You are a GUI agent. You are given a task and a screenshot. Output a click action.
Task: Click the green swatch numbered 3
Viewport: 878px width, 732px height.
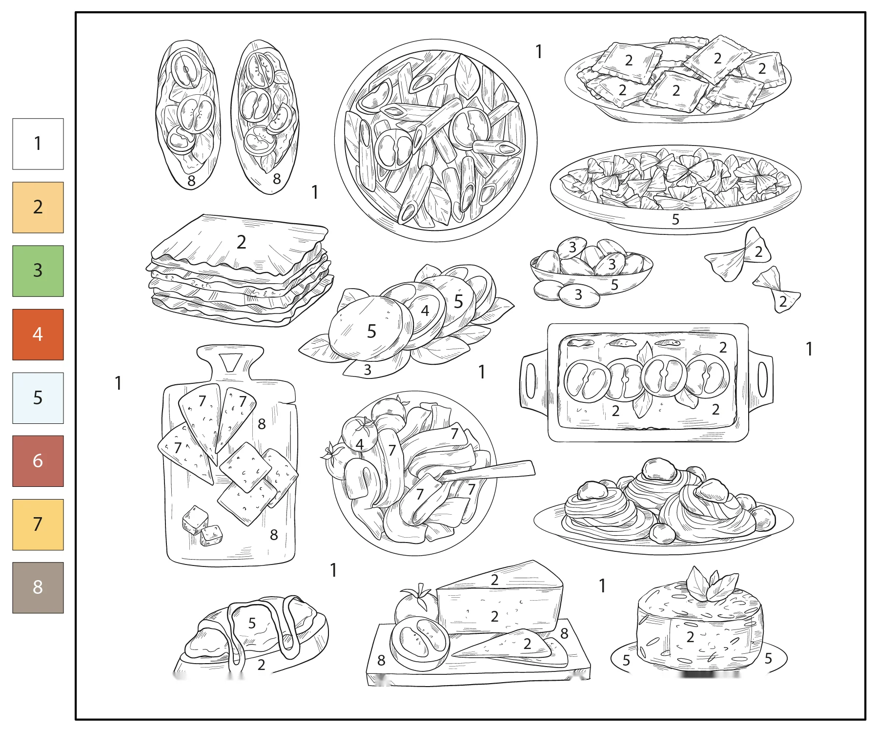(x=38, y=271)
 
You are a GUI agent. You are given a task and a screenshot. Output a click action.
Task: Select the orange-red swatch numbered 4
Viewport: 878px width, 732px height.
(x=38, y=335)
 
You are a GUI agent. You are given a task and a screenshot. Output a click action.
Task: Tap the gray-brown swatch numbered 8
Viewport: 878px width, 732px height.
(x=38, y=587)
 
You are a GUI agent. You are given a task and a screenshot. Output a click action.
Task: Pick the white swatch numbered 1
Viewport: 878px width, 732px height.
(x=38, y=144)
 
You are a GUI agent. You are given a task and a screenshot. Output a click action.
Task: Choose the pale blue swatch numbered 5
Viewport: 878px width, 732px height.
(x=38, y=398)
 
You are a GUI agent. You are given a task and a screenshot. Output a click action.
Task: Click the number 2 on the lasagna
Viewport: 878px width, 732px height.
(x=241, y=242)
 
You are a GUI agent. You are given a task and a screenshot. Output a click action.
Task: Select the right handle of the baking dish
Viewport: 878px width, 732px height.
(x=761, y=380)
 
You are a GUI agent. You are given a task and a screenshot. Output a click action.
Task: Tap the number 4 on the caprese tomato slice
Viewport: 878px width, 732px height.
(x=425, y=311)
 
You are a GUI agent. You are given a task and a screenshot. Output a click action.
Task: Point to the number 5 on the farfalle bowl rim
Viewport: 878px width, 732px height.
(x=675, y=219)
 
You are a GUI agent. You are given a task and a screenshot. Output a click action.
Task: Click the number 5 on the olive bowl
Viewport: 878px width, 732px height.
(x=614, y=285)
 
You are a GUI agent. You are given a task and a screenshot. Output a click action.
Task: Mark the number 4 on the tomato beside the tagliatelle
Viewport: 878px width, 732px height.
(x=360, y=444)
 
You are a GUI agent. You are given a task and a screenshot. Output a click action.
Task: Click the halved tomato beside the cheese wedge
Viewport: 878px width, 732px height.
(x=419, y=643)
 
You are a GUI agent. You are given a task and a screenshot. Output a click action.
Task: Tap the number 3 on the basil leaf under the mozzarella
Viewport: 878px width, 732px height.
(x=368, y=370)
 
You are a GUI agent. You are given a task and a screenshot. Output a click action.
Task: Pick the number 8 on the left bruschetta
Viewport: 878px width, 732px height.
(x=191, y=181)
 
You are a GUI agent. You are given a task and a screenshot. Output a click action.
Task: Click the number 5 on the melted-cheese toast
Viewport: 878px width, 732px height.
(x=252, y=624)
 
